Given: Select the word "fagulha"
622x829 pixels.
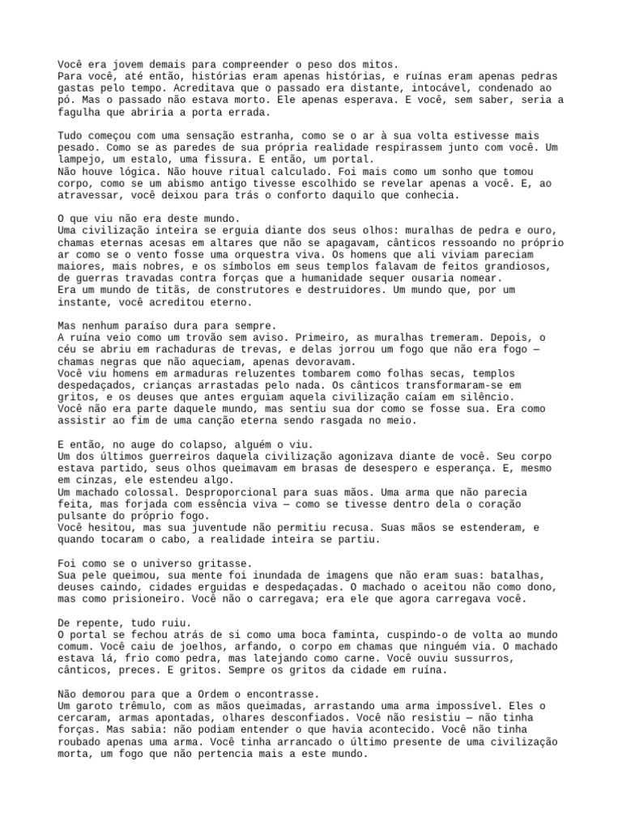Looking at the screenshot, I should point(79,113).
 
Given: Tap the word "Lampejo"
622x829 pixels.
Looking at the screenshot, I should point(82,160).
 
